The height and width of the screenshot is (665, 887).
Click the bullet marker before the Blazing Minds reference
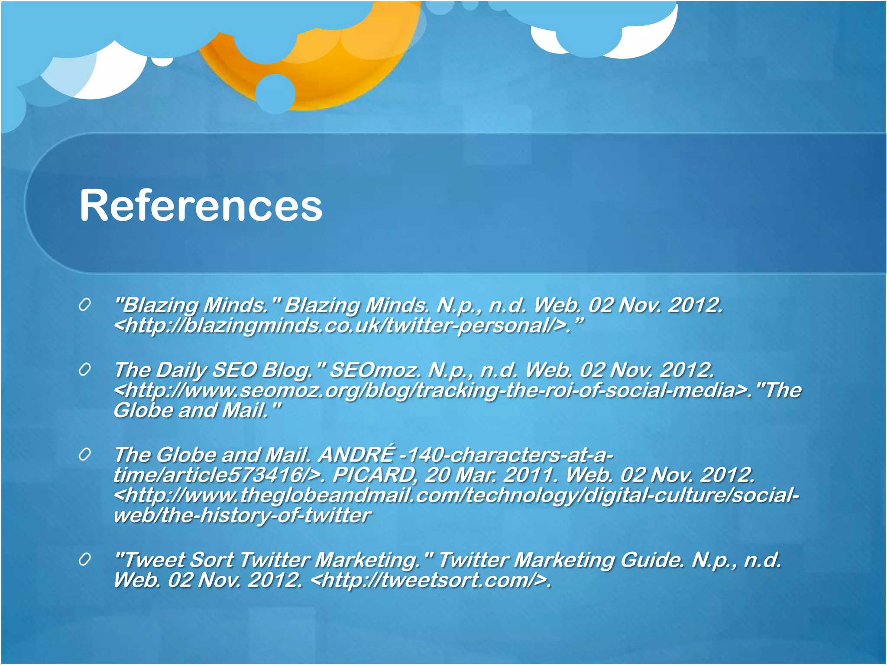[x=85, y=305]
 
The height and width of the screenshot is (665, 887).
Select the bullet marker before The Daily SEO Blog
[x=85, y=370]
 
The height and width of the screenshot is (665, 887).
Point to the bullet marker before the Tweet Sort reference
[x=85, y=560]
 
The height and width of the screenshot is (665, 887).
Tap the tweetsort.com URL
[x=431, y=581]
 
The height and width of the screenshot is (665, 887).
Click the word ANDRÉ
[x=356, y=455]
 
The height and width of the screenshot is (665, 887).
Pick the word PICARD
[x=375, y=475]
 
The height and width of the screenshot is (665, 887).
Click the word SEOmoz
[x=375, y=370]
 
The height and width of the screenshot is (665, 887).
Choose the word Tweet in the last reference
[x=152, y=560]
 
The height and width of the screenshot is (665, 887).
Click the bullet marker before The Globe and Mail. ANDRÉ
[x=85, y=455]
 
